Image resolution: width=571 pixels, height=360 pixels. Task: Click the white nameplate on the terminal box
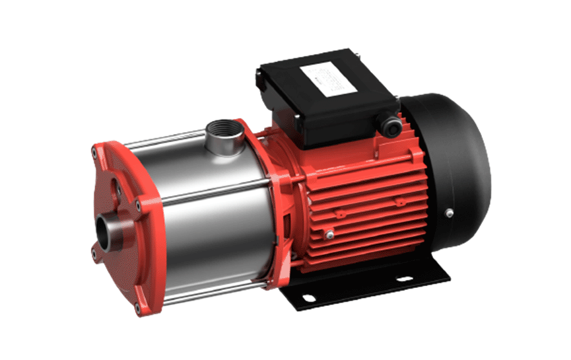point(330,77)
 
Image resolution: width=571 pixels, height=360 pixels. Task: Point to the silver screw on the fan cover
point(448,212)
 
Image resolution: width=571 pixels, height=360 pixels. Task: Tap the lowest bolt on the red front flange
point(138,308)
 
